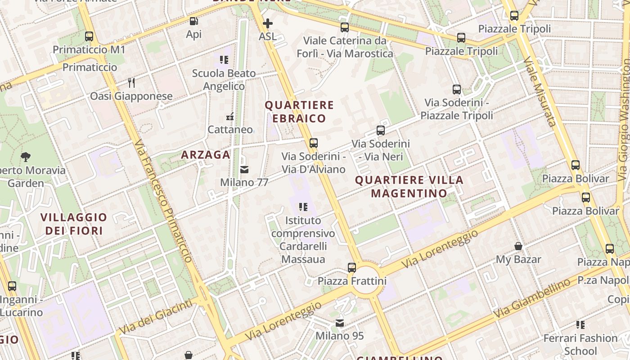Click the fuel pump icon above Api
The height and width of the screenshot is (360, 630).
pyautogui.click(x=193, y=21)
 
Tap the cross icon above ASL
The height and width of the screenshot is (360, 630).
pyautogui.click(x=268, y=23)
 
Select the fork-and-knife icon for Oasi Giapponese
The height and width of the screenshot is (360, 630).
pyautogui.click(x=131, y=83)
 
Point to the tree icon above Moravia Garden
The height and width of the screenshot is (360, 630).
pyautogui.click(x=26, y=157)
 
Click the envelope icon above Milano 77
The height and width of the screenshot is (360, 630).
pyautogui.click(x=244, y=170)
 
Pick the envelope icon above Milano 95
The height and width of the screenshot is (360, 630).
pyautogui.click(x=340, y=323)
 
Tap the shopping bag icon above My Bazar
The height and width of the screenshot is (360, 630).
pyautogui.click(x=518, y=246)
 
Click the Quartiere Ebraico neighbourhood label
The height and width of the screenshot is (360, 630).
pyautogui.click(x=299, y=112)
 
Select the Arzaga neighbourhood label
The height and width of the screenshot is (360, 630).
pyautogui.click(x=206, y=155)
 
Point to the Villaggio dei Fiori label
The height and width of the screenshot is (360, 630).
pyautogui.click(x=74, y=224)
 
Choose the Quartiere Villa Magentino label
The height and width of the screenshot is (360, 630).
pyautogui.click(x=409, y=186)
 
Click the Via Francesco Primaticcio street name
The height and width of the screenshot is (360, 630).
pyautogui.click(x=164, y=201)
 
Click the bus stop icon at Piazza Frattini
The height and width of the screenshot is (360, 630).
pyautogui.click(x=352, y=268)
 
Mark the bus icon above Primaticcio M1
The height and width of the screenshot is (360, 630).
pyautogui.click(x=89, y=36)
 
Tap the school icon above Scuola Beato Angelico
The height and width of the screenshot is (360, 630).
pyautogui.click(x=224, y=60)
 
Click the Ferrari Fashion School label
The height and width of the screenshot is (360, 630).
pyautogui.click(x=580, y=344)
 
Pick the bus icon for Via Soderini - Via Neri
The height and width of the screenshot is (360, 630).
pyautogui.click(x=381, y=131)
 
